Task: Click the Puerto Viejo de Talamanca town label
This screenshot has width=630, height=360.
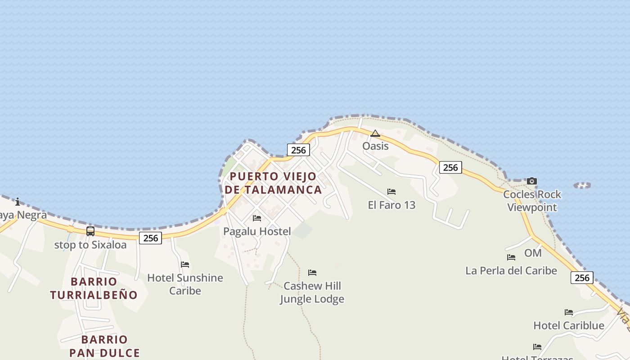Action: click(x=274, y=183)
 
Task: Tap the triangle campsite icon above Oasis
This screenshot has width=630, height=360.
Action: click(x=375, y=133)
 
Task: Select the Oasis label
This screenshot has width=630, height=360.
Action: click(x=375, y=146)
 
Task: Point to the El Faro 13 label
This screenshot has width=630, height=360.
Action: click(x=391, y=205)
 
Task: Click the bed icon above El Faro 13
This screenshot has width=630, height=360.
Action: click(x=391, y=192)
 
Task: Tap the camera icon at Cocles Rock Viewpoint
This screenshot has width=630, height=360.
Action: click(x=532, y=181)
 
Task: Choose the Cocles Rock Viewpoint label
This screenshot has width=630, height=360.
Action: click(x=532, y=201)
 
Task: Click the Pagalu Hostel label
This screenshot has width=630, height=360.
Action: click(x=257, y=231)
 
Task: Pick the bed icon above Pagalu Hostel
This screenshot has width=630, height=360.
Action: click(x=257, y=218)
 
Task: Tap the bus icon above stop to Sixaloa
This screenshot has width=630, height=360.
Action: click(x=90, y=231)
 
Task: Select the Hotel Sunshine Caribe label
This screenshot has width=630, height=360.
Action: click(x=185, y=284)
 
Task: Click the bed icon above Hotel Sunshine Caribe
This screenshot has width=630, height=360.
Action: click(x=185, y=265)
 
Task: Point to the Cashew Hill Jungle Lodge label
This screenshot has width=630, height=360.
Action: click(x=312, y=292)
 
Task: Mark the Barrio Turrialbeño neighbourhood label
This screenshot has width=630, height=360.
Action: click(x=94, y=288)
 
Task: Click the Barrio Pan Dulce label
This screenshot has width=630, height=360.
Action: click(x=104, y=346)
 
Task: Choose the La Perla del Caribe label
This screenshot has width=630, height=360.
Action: click(x=511, y=270)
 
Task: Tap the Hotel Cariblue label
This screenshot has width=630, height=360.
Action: click(x=569, y=325)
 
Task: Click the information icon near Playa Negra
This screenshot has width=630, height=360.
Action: click(x=18, y=202)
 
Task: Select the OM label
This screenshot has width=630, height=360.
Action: click(x=533, y=253)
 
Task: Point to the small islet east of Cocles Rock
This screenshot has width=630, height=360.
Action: click(x=582, y=185)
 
